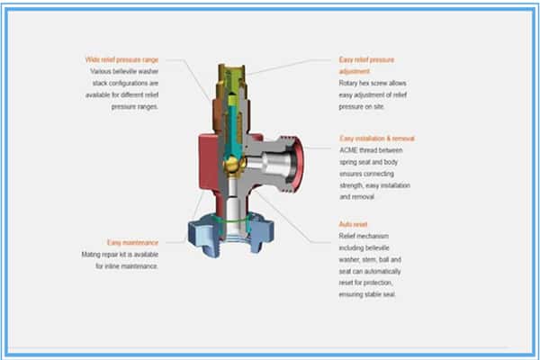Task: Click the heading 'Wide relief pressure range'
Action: [121, 60]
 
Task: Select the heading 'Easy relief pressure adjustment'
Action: [366, 66]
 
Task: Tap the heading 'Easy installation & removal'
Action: [377, 139]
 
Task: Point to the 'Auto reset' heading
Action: [353, 224]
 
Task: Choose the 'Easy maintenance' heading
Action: [132, 242]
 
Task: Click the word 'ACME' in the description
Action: [347, 150]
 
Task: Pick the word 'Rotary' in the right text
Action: [347, 84]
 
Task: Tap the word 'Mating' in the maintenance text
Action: [91, 255]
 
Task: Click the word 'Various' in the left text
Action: [100, 71]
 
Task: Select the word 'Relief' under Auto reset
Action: [346, 236]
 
